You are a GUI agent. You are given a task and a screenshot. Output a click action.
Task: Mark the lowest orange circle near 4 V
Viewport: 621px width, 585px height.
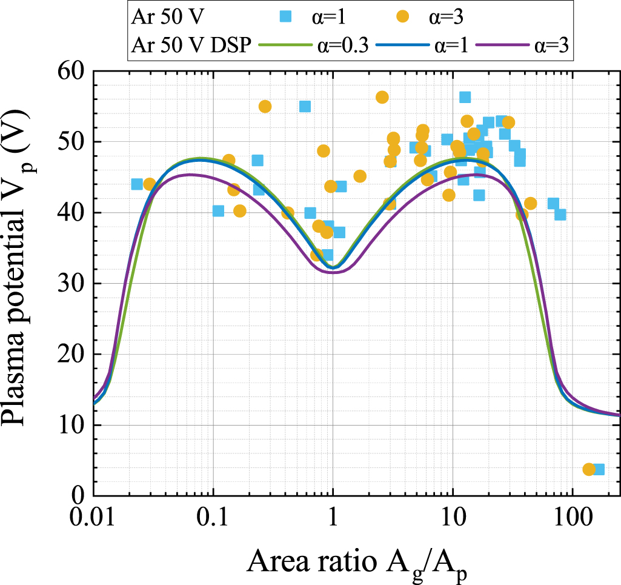pyautogui.click(x=588, y=469)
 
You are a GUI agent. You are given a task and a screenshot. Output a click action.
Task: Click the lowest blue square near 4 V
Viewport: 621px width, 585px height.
pyautogui.click(x=599, y=469)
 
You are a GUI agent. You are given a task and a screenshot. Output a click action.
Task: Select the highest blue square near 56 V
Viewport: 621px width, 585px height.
pyautogui.click(x=465, y=98)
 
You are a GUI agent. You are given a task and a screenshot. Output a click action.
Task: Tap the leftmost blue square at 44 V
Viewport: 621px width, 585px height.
pyautogui.click(x=137, y=184)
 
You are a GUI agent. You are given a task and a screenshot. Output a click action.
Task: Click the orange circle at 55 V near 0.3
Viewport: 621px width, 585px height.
pyautogui.click(x=265, y=107)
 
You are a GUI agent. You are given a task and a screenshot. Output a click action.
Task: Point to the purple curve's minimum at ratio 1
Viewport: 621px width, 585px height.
pyautogui.click(x=333, y=272)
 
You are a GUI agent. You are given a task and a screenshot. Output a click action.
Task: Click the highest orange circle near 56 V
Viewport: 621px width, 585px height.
pyautogui.click(x=382, y=97)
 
